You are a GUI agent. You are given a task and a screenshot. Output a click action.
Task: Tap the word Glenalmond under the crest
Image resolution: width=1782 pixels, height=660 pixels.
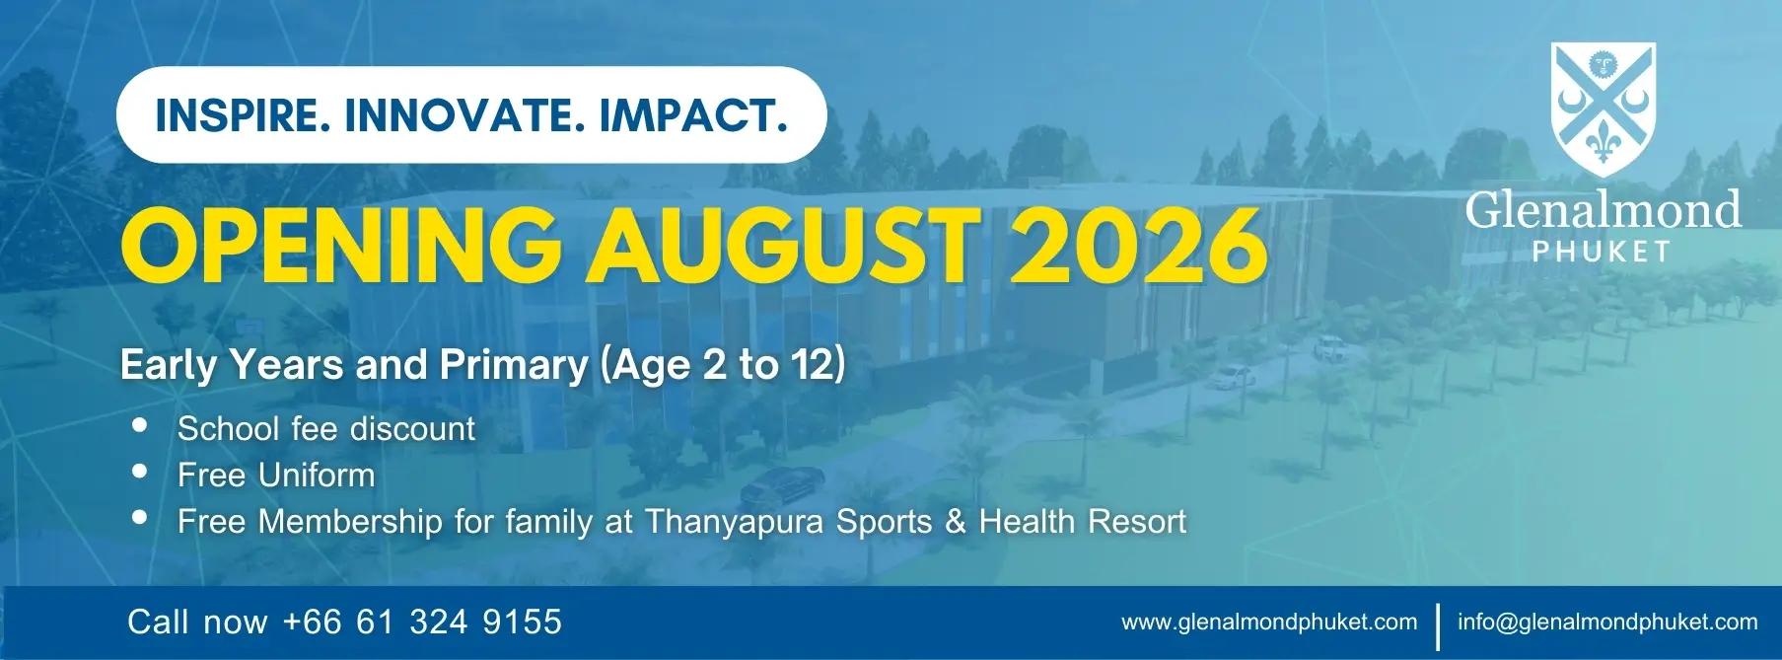coord(1604,209)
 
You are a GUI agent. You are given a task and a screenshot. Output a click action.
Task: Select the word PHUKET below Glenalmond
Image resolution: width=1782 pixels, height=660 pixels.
coord(1602,253)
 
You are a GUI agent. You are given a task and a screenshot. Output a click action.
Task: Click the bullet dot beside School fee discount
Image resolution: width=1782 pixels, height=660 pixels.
coord(140,426)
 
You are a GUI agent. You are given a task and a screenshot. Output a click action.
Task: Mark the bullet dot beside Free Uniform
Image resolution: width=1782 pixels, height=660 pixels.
coord(140,472)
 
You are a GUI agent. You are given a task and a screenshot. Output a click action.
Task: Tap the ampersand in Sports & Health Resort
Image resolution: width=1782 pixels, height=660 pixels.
coord(955,521)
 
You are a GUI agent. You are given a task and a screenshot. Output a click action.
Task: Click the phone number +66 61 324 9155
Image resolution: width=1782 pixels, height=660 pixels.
coord(422,622)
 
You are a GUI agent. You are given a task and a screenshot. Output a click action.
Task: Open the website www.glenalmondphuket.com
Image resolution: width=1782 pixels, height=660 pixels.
coord(1269,623)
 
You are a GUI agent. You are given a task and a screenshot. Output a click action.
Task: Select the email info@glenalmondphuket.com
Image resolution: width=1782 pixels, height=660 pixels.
coord(1607,623)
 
